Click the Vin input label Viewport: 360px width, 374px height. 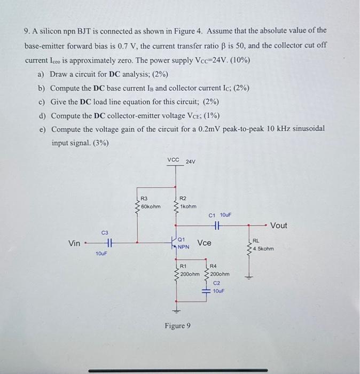click(75, 243)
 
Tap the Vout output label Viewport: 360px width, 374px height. click(279, 225)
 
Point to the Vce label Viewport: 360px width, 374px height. click(205, 243)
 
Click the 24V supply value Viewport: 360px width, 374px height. click(191, 161)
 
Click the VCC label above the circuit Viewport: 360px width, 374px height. click(174, 159)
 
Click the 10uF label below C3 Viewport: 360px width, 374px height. click(101, 253)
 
